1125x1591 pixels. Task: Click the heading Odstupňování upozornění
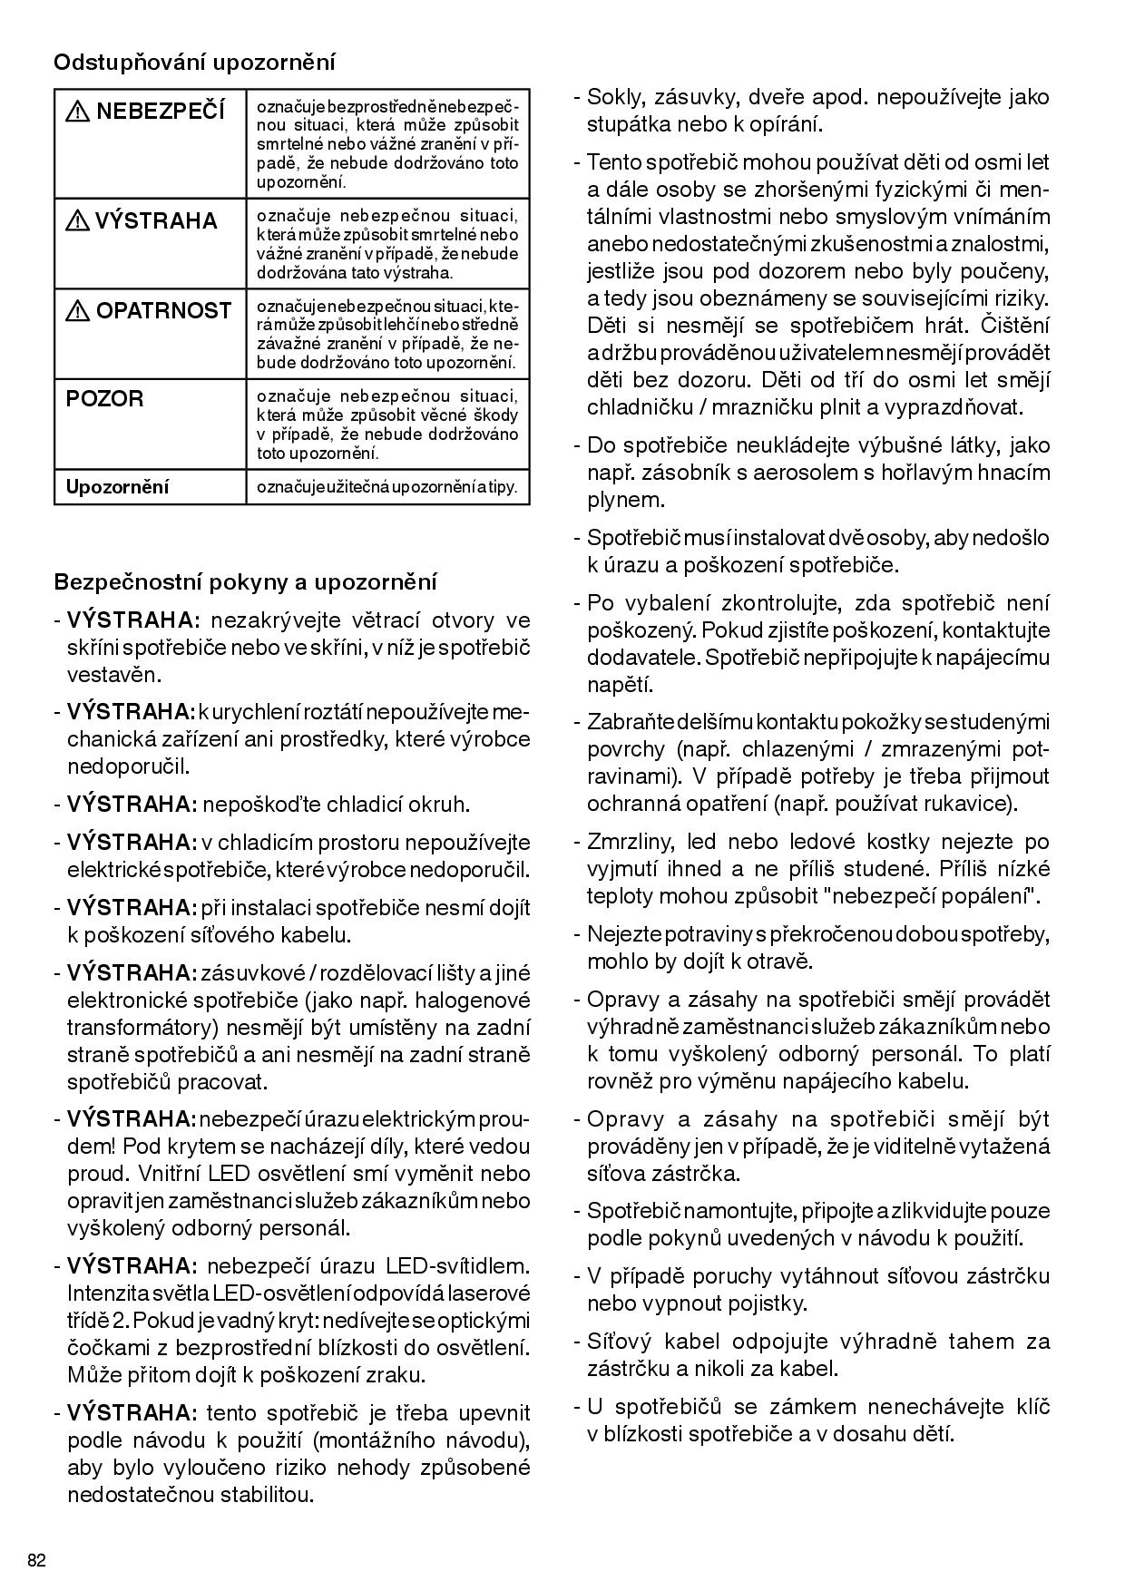194,63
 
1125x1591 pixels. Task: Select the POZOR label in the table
104,399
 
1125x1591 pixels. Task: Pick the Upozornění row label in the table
117,487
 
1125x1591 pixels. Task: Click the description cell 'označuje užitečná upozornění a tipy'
386,487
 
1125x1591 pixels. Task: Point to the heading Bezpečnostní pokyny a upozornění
245,581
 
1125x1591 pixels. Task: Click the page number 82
37,1561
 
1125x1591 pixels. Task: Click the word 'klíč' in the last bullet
1031,1407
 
